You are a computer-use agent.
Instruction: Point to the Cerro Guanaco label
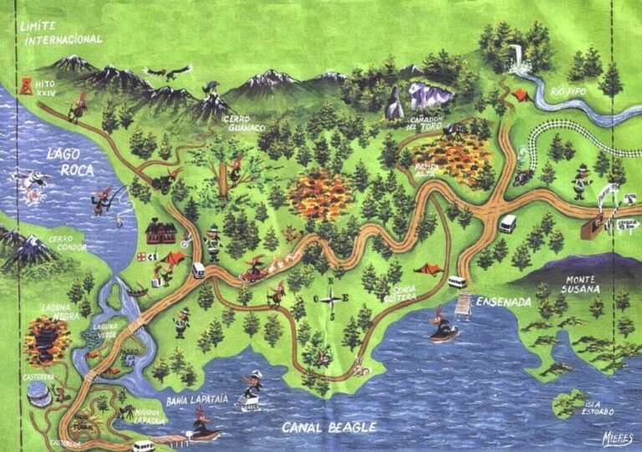245,124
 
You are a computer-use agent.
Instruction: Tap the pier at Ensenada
462,306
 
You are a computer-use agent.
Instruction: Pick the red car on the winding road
253,272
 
